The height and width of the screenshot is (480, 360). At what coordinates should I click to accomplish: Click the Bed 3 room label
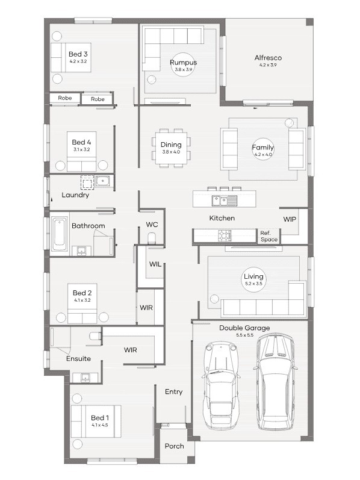click(78, 54)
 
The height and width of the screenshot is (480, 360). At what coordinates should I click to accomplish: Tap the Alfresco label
click(268, 58)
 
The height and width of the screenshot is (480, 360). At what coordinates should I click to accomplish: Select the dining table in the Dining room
click(171, 148)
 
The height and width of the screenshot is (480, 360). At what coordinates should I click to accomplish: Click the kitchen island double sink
click(225, 201)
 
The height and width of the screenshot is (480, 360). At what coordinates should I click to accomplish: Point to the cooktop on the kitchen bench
click(225, 235)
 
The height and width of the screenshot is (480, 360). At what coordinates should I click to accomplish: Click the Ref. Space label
click(268, 236)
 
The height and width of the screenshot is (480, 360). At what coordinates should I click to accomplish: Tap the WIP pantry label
click(290, 219)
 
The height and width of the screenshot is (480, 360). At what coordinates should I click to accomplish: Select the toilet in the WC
click(152, 238)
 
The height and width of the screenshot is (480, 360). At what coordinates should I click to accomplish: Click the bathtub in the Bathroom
click(60, 234)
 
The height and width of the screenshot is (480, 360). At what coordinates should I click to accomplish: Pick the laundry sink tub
click(103, 181)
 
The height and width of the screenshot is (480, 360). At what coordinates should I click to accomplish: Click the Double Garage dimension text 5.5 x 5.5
click(244, 335)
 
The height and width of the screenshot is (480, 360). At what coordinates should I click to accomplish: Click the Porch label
click(174, 446)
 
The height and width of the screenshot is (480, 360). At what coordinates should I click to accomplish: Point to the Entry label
click(173, 392)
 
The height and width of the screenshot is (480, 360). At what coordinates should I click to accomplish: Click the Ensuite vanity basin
click(85, 378)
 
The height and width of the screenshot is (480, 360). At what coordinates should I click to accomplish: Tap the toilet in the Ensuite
click(95, 336)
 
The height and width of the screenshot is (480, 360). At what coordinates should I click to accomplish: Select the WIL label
click(155, 264)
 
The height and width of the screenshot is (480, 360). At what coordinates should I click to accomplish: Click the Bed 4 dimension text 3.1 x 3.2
click(81, 150)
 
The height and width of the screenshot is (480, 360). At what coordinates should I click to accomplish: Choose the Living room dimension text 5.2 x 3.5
click(253, 284)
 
